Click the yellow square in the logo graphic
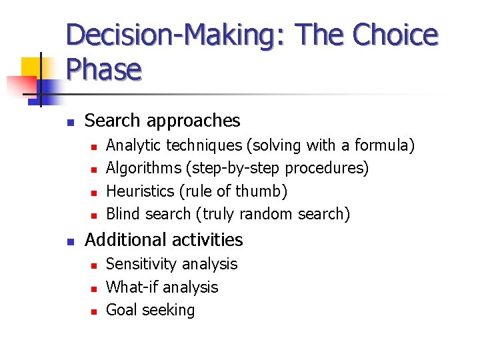(31, 67)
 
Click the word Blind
(122, 214)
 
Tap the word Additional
(121, 240)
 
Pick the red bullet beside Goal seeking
(94, 311)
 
